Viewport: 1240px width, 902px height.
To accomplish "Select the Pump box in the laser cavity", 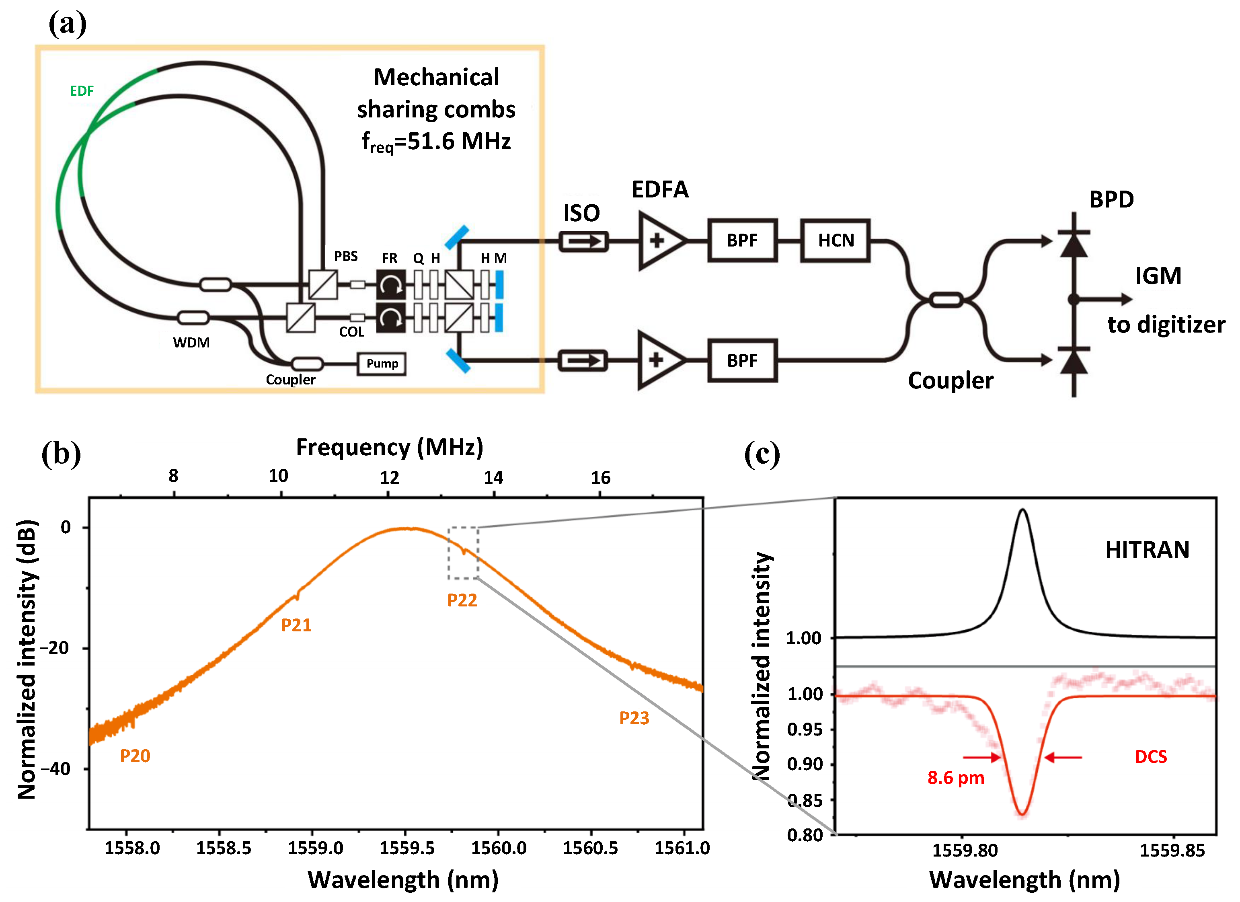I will pos(382,364).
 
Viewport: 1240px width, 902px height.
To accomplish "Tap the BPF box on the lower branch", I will pos(742,361).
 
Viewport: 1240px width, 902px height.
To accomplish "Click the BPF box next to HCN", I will pos(742,240).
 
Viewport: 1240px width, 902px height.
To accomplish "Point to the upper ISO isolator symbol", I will pos(583,241).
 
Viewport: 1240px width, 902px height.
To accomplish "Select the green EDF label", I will pos(82,91).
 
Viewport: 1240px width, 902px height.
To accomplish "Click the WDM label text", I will pos(191,343).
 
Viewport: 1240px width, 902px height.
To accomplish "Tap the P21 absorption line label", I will pos(296,625).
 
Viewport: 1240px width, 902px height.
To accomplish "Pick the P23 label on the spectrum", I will pos(634,718).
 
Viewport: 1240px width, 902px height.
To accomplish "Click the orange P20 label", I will pos(135,756).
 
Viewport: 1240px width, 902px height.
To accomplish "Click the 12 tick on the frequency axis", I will pos(389,478).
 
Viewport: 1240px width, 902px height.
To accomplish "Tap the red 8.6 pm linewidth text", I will pos(955,777).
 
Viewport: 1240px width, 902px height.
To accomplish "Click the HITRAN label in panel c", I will pos(1147,549).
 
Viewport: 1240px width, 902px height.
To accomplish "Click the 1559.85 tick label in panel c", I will pos(1172,851).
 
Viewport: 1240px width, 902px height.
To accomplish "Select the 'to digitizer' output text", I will pos(1166,325).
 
